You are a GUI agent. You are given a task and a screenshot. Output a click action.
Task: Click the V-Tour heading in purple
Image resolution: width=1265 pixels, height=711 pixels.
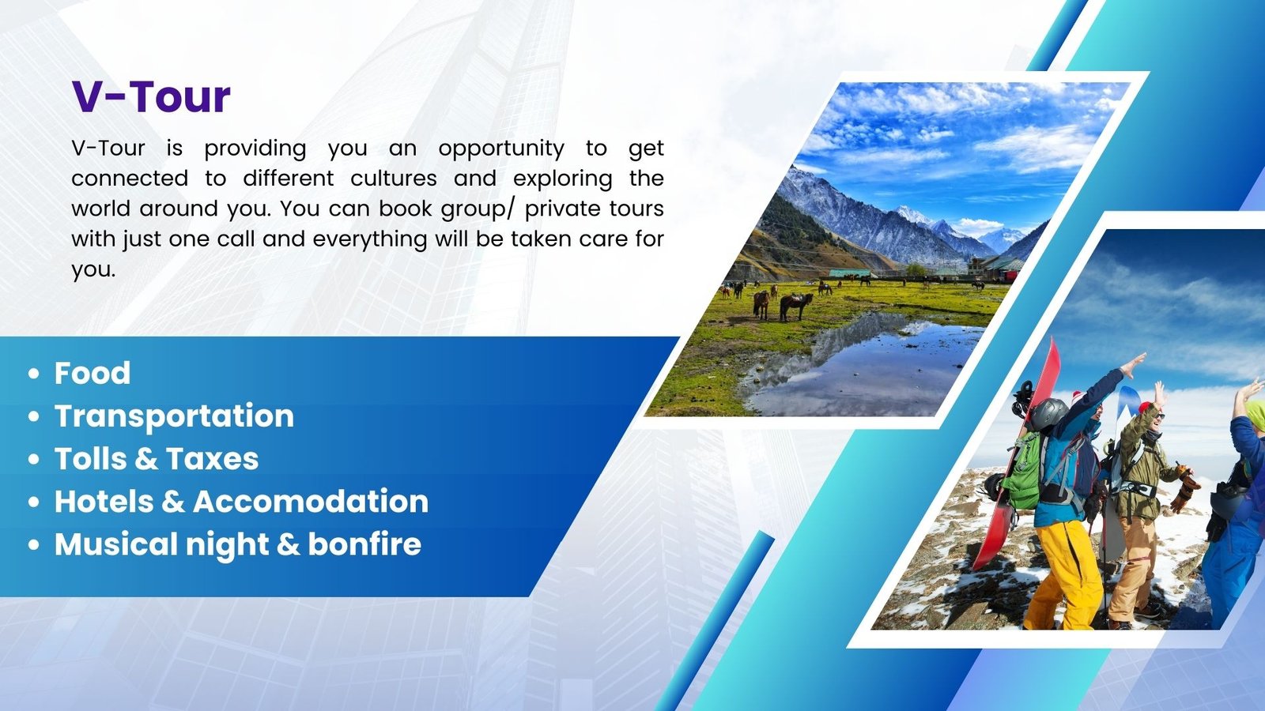point(151,96)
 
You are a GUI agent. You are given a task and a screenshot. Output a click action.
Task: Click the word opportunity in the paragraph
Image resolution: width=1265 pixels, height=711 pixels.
point(501,149)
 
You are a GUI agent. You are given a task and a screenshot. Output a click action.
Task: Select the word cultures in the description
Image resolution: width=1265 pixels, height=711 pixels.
point(394,179)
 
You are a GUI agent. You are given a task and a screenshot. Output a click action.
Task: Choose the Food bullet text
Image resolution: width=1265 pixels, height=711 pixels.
point(92,373)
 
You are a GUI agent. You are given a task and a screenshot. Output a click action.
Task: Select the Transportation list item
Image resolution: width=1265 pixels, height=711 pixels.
point(174,417)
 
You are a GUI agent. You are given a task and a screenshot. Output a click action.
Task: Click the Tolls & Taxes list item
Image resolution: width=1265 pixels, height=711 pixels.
point(157,458)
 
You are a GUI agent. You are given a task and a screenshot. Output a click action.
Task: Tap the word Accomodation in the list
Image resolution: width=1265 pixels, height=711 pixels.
point(311,501)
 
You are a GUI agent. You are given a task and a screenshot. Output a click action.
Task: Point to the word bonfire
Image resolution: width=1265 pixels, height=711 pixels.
point(364,544)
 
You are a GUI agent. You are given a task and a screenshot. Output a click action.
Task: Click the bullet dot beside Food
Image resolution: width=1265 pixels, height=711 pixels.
point(34,374)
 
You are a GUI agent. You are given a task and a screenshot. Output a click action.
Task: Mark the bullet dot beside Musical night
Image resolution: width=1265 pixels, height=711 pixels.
point(34,545)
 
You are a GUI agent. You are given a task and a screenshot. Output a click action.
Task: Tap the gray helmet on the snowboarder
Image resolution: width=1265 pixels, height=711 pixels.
point(1048,414)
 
